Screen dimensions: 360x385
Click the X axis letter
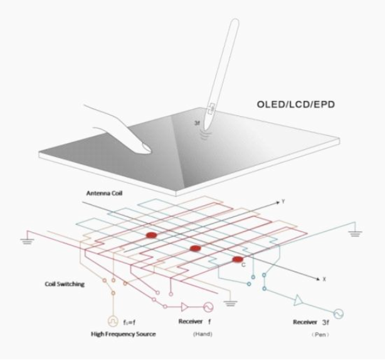coord(324,278)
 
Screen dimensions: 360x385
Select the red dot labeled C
coord(238,260)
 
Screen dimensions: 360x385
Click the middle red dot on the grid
coord(196,249)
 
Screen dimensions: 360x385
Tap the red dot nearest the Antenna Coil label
coord(151,235)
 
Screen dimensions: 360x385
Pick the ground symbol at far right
coord(356,233)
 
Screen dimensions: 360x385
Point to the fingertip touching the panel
coord(145,148)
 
